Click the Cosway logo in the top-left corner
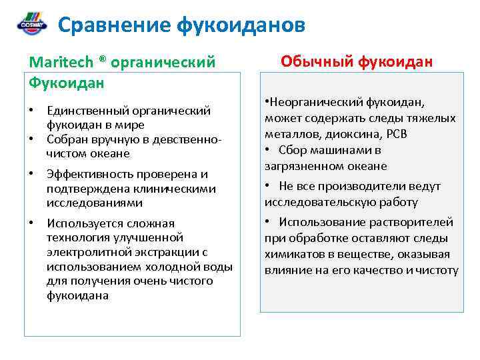[x=31, y=24]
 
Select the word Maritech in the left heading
[x=62, y=62]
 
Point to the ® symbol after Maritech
[x=102, y=60]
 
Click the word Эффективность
[x=89, y=174]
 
